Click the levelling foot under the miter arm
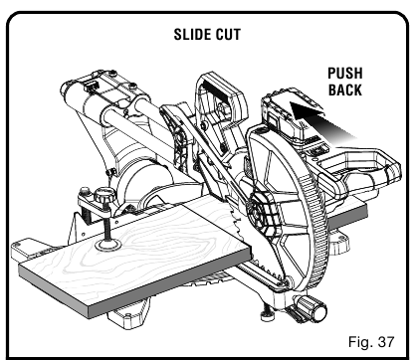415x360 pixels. tap(266, 317)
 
